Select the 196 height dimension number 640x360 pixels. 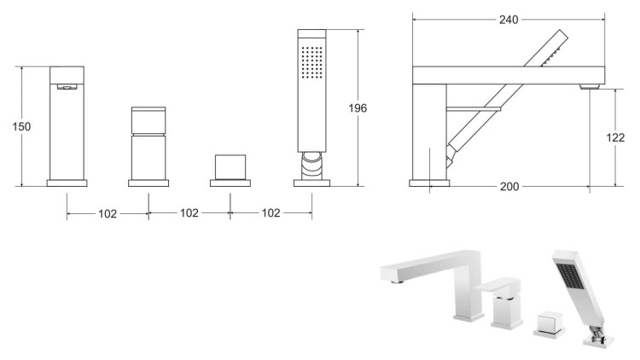tap(359, 108)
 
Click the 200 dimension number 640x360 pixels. tap(509, 185)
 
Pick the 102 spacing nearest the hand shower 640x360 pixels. tap(270, 213)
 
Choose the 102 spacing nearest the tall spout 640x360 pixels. tap(107, 213)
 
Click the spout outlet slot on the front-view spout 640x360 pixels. tap(67, 85)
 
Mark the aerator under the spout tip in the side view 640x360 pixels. tap(588, 86)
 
